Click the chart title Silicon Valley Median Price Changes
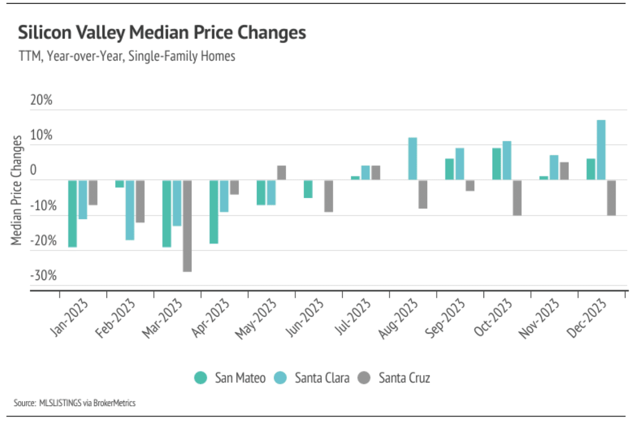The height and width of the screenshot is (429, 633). [162, 33]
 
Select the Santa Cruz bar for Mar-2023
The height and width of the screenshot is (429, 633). [187, 226]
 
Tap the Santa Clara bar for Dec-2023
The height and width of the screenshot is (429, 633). [601, 150]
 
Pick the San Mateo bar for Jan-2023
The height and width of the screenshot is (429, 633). [72, 214]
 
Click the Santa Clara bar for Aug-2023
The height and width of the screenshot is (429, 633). [412, 159]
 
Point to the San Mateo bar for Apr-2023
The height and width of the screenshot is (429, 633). [214, 212]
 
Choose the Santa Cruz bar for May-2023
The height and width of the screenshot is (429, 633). [281, 173]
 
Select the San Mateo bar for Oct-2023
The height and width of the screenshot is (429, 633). [496, 164]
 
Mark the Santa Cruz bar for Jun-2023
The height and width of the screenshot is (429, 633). [328, 196]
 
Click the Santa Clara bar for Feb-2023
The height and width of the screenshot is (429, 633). [130, 210]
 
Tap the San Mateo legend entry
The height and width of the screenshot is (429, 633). [230, 378]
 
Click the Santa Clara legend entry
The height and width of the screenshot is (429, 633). [312, 378]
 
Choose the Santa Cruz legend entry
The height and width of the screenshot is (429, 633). [394, 378]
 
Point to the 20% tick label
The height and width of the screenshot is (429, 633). [41, 100]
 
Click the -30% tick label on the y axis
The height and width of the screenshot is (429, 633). [43, 275]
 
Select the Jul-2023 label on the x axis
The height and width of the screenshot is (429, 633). [353, 317]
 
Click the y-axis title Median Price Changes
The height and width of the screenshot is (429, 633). [17, 190]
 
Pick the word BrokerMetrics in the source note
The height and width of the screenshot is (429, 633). [114, 403]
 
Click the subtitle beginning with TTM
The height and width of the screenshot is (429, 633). [127, 56]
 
